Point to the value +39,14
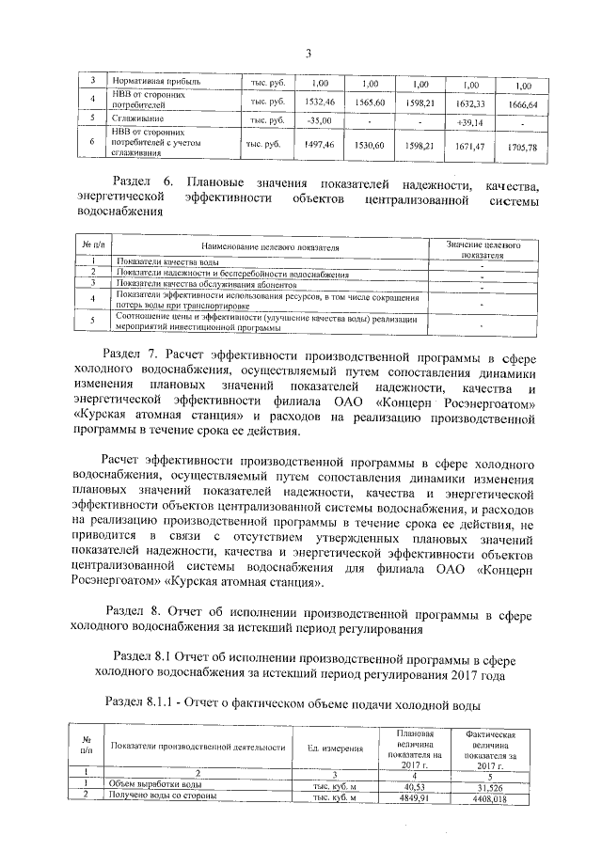click(x=468, y=122)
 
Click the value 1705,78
click(x=520, y=148)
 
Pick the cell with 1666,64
click(x=520, y=103)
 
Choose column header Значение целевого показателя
click(x=483, y=248)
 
